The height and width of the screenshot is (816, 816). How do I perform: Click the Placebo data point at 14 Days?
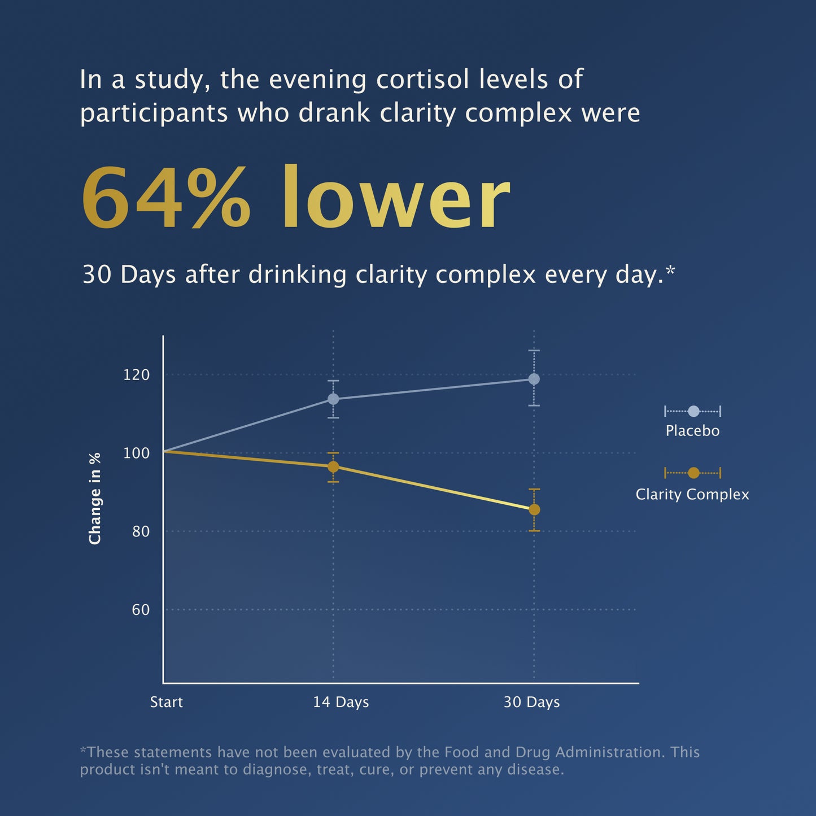coord(333,399)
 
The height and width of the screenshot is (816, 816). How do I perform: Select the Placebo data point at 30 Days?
coord(534,379)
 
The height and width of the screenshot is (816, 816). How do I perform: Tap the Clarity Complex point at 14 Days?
coord(333,466)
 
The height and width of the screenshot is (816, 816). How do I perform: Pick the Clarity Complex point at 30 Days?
coord(534,510)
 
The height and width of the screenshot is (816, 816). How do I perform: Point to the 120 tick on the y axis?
coord(136,375)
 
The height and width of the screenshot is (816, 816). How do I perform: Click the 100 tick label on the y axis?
coord(136,453)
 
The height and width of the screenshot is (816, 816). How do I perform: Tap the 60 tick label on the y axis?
coord(140,610)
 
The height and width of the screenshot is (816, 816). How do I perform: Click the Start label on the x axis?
coord(167,702)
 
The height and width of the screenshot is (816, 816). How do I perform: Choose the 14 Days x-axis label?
coord(341,702)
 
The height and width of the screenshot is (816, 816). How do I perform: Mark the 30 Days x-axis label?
coord(531,702)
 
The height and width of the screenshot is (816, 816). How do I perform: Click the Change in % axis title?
coord(95,498)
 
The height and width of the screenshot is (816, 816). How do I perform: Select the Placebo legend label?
coord(692,431)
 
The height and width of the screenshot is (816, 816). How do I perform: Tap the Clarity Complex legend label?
coord(692,495)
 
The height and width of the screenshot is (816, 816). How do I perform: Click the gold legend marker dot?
coord(693,473)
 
